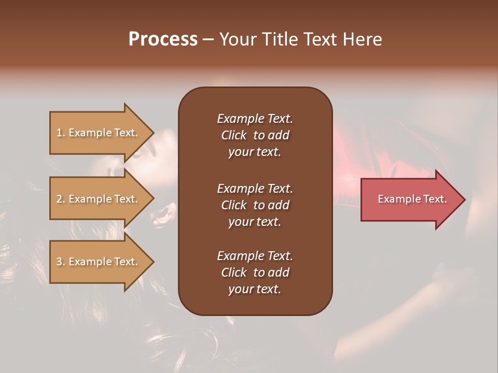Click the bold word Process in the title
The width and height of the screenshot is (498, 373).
point(163,39)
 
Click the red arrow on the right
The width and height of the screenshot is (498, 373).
point(410,199)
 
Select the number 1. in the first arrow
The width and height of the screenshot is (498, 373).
point(61,133)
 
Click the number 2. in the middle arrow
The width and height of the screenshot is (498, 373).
point(61,199)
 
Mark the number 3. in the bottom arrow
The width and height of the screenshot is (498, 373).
point(61,262)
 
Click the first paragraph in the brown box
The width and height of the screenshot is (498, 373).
point(255,135)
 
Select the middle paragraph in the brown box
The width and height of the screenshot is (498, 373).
point(255,205)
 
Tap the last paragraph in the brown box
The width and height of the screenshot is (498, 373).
point(255,272)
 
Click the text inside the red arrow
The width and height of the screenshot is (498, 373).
point(412,199)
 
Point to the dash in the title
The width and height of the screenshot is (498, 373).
point(208,40)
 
